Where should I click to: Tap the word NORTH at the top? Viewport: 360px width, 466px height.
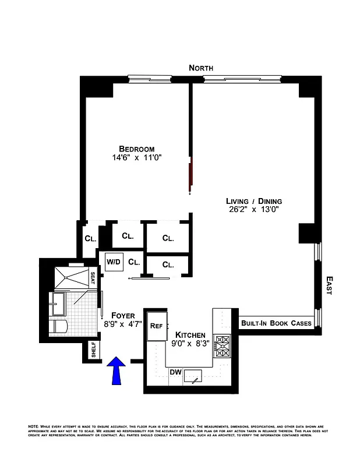pyautogui.click(x=201, y=68)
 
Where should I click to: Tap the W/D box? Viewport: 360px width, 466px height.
pyautogui.click(x=114, y=262)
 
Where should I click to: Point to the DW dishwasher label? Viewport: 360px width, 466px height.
pyautogui.click(x=175, y=372)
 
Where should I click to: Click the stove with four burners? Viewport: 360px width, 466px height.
pyautogui.click(x=223, y=345)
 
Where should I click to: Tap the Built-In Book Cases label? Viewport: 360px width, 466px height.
pyautogui.click(x=276, y=323)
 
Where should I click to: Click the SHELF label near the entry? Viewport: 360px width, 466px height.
pyautogui.click(x=93, y=350)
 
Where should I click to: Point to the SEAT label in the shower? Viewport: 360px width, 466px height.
pyautogui.click(x=92, y=278)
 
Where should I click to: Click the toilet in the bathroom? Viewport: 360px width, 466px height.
pyautogui.click(x=60, y=327)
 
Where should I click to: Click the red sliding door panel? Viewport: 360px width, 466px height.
pyautogui.click(x=189, y=174)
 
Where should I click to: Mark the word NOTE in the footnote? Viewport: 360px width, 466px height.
pyautogui.click(x=33, y=427)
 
